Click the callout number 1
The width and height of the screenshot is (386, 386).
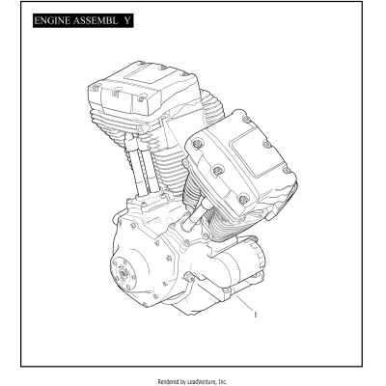(255, 313)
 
